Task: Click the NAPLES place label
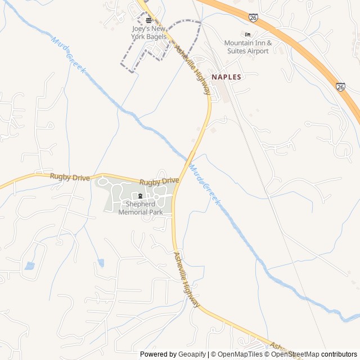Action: point(226,77)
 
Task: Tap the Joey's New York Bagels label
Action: point(149,33)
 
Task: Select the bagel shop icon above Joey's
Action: point(148,20)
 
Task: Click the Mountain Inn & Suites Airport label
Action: point(248,47)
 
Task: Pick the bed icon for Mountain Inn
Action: point(248,35)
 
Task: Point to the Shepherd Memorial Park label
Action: point(141,208)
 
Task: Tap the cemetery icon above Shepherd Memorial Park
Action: point(140,196)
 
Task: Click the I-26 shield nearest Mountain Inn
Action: point(254,19)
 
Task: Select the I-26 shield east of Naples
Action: point(341,87)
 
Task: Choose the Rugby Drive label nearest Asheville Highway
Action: point(159,181)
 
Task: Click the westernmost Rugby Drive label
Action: point(70,177)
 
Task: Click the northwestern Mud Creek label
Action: point(69,56)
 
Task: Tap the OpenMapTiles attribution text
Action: point(240,354)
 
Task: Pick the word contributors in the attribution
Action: point(339,354)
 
